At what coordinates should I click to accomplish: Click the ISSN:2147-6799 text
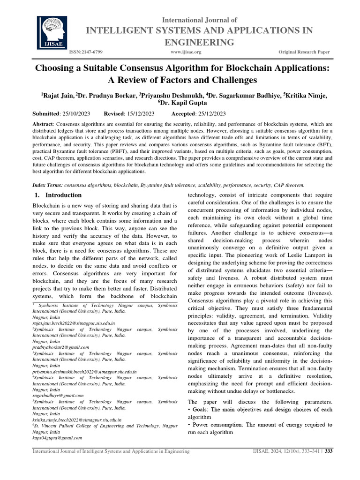click(86, 52)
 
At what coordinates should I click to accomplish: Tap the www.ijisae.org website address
click(186, 52)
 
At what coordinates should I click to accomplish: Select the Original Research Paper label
click(304, 52)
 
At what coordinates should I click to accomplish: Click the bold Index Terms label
click(46, 185)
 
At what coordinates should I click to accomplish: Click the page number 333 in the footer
click(329, 451)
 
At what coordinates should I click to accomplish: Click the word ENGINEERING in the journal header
click(198, 43)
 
